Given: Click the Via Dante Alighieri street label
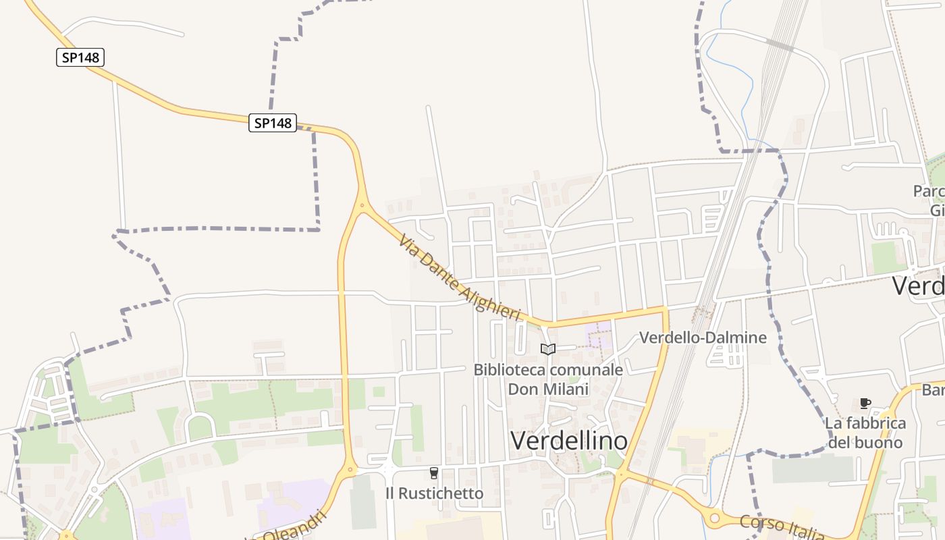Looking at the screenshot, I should click(460, 277).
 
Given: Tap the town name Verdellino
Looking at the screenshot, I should click(569, 441).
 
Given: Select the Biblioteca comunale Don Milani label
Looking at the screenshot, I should click(548, 379).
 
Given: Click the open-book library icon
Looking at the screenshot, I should click(548, 349).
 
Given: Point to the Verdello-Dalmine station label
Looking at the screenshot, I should click(703, 337).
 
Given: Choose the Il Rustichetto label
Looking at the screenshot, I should click(434, 493).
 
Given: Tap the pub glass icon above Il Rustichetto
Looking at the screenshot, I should click(434, 473).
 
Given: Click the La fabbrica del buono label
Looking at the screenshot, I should click(865, 433).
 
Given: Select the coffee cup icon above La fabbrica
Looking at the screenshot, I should click(865, 404).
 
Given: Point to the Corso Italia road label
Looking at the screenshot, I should click(782, 526).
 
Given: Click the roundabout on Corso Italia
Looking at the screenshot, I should click(713, 518).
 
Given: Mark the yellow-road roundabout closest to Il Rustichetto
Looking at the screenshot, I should click(350, 469).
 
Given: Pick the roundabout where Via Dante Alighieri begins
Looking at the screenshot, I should click(362, 205).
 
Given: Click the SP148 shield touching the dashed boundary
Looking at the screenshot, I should click(273, 123).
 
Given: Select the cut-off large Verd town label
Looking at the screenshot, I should click(918, 286).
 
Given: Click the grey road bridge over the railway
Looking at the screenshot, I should click(780, 45).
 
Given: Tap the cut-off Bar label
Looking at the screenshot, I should click(933, 390).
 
